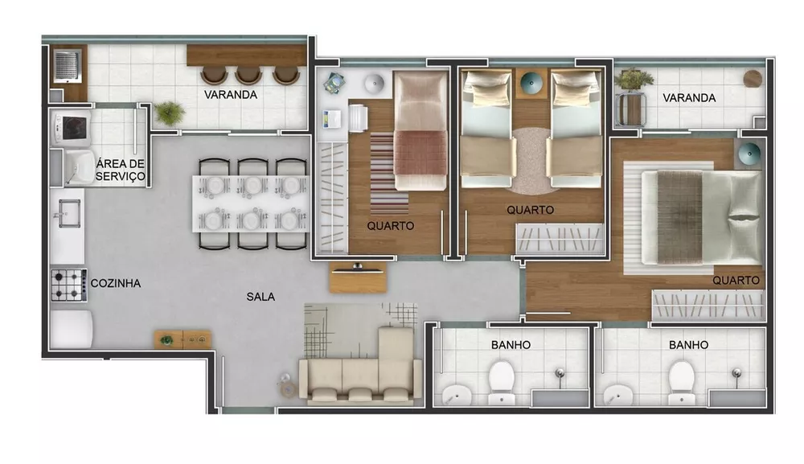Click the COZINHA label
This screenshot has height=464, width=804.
[x=116, y=283]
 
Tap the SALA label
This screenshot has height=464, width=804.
[x=260, y=296]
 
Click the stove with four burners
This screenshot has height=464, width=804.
[x=68, y=284]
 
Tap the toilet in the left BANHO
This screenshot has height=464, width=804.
[x=502, y=383]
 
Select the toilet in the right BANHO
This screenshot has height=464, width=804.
[x=681, y=383]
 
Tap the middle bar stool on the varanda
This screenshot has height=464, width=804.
[x=249, y=76]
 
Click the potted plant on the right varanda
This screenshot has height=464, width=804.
[x=634, y=80]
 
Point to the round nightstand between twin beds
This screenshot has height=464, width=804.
[x=531, y=82]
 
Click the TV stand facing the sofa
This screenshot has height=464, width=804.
[x=358, y=279]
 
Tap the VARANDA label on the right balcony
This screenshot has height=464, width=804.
[x=689, y=97]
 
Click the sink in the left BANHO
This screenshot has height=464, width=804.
[x=458, y=394]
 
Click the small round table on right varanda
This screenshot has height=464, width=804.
[x=753, y=79]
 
